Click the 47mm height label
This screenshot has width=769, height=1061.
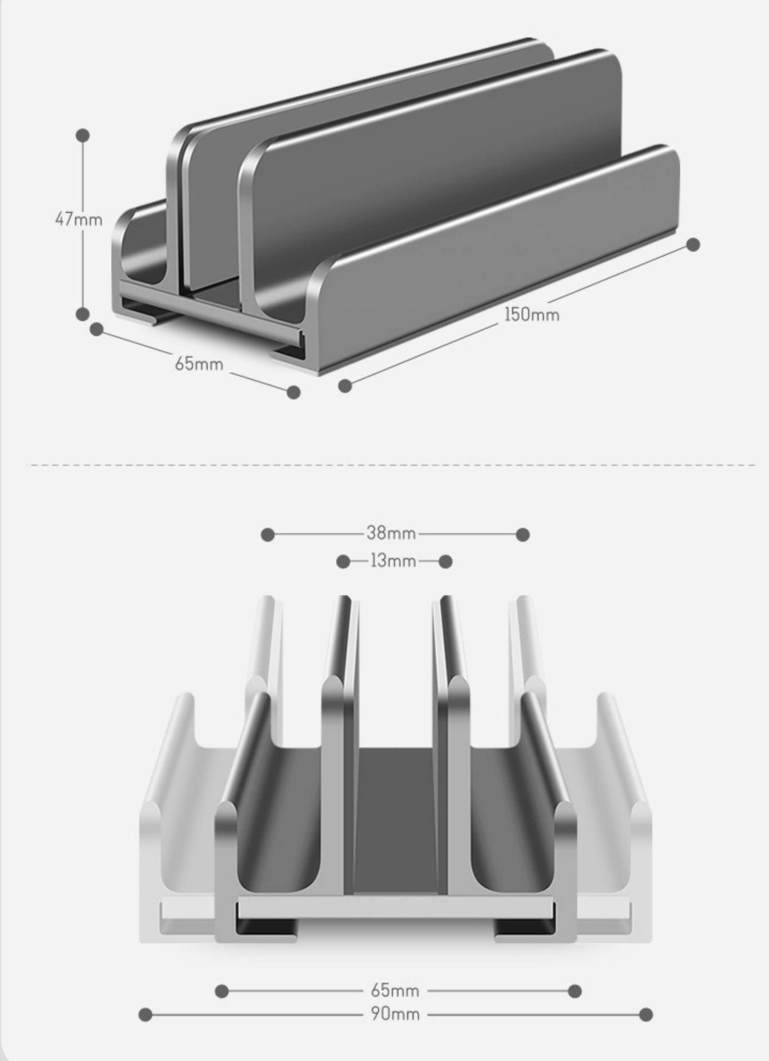(x=79, y=219)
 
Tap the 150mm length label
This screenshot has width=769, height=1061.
(x=532, y=314)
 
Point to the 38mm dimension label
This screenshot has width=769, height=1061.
(x=391, y=533)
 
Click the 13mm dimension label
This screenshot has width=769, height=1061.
(x=393, y=561)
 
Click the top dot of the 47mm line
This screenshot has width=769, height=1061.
(x=83, y=136)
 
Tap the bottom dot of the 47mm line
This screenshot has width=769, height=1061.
(x=82, y=314)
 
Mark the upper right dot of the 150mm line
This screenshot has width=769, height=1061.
(x=693, y=244)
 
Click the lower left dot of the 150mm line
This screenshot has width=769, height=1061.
(x=345, y=386)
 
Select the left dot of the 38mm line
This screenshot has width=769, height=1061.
(x=268, y=535)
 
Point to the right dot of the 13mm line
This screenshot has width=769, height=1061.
(x=446, y=561)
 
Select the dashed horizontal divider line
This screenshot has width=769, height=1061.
(x=391, y=465)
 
